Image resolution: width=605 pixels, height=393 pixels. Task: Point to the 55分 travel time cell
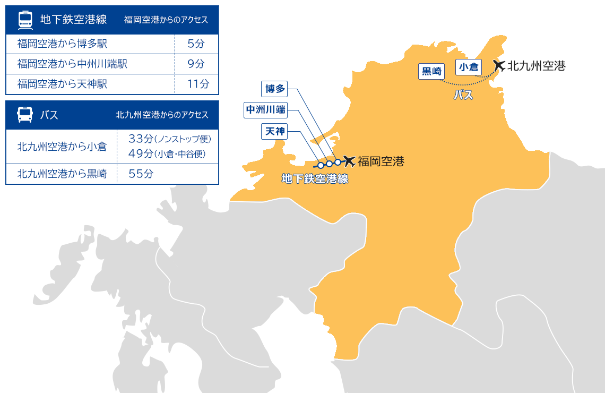tap(141, 174)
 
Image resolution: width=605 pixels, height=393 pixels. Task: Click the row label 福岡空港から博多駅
tap(62, 44)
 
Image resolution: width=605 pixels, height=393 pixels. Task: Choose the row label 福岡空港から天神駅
tap(62, 84)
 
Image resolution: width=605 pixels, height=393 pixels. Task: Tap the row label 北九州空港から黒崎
tap(62, 174)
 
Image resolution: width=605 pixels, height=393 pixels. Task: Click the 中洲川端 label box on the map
tap(265, 110)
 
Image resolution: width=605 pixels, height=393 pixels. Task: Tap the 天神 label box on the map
tap(274, 131)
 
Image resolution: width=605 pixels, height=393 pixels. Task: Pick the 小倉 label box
tap(468, 67)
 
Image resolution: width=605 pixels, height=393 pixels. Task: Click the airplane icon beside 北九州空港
tap(498, 65)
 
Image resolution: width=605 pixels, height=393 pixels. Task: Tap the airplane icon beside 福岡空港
tap(349, 160)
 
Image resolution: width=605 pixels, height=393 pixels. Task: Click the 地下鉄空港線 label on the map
tap(315, 179)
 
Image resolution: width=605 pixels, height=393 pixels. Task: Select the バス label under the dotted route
tap(463, 96)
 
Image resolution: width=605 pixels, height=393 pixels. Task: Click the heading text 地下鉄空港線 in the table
tap(73, 20)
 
